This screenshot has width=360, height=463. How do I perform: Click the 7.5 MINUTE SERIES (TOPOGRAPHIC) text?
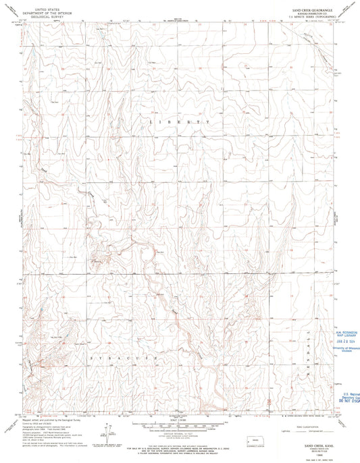pos(313,18)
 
